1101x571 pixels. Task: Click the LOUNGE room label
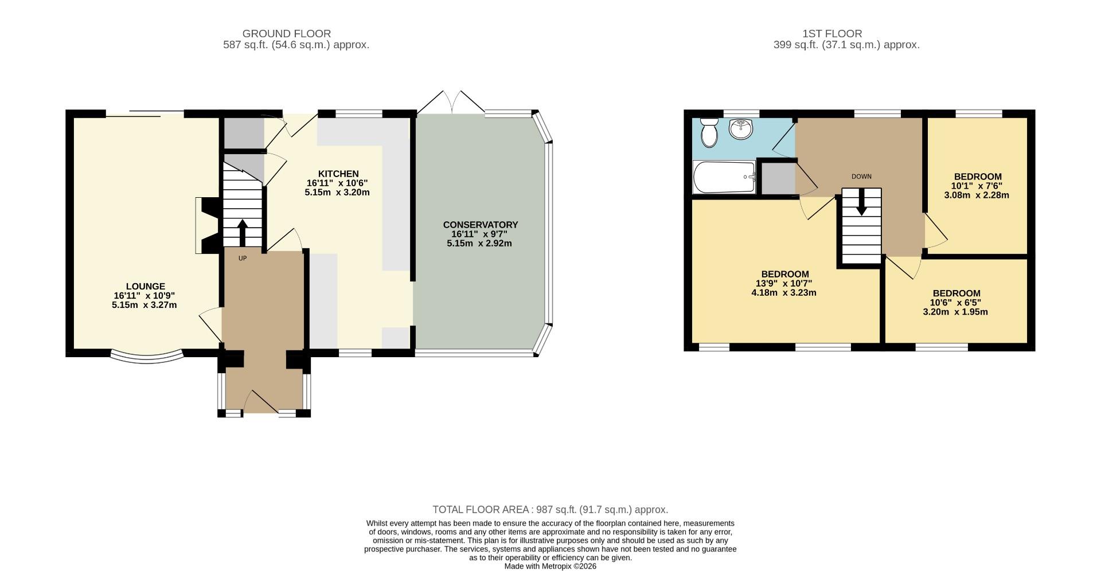tap(145, 286)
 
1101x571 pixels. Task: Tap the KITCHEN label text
tap(338, 174)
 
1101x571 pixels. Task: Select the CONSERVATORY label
tap(480, 225)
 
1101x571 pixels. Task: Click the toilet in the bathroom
tap(710, 132)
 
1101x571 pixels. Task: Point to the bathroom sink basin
tap(741, 129)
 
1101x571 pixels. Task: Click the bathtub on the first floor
tap(724, 177)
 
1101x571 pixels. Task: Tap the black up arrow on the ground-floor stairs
tap(242, 232)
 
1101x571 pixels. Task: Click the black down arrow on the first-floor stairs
tap(861, 203)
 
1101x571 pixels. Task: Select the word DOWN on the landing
tap(861, 177)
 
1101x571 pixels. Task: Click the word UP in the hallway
tap(243, 259)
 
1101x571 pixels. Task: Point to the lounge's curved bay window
tap(147, 358)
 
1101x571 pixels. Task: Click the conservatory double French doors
tap(451, 103)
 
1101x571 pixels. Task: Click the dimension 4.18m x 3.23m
tap(784, 293)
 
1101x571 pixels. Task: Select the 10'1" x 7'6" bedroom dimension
tap(977, 186)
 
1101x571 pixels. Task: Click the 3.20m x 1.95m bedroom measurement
tap(955, 312)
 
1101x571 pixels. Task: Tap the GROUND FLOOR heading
tap(287, 34)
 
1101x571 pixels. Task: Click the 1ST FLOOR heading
tap(832, 34)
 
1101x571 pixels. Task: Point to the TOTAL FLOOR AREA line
tap(550, 510)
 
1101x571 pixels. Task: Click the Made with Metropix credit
tap(550, 566)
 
